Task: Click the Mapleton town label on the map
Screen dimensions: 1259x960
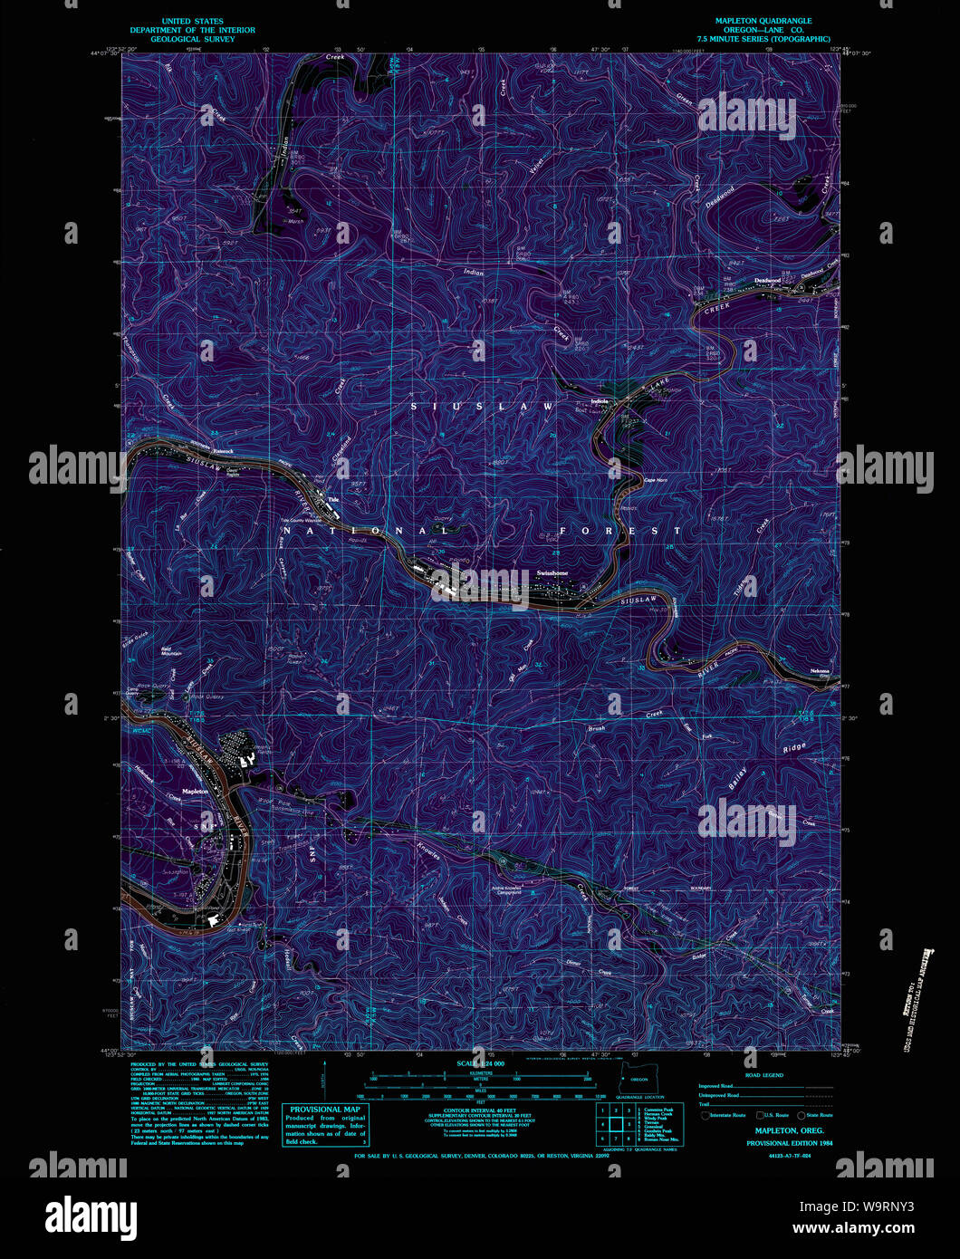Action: (x=195, y=791)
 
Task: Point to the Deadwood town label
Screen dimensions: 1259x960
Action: (x=767, y=281)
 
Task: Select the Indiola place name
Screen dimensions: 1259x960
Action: (x=598, y=400)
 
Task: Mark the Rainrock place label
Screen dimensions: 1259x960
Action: (x=223, y=450)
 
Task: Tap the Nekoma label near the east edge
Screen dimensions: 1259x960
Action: (x=820, y=671)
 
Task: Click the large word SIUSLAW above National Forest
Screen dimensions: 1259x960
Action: (x=482, y=408)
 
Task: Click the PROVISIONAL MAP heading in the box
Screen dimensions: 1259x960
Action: (x=326, y=1109)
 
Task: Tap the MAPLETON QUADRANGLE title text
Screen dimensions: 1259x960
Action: (x=763, y=21)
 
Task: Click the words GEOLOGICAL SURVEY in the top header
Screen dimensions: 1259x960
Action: (x=192, y=39)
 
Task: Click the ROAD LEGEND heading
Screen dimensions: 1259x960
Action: (x=763, y=1074)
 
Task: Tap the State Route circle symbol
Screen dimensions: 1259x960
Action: (x=802, y=1115)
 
